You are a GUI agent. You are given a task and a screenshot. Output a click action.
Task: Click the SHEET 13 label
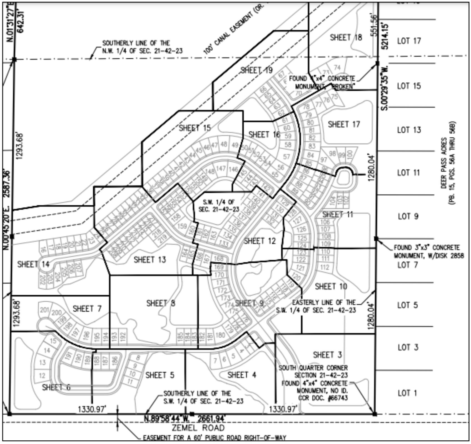pos(149,260)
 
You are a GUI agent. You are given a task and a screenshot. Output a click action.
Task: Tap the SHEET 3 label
pos(327,355)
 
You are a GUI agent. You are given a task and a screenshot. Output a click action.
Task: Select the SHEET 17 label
pos(344,124)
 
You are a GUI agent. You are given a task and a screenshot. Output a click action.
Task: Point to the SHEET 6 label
pos(56,387)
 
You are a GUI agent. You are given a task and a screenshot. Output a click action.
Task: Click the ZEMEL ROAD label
pos(198,428)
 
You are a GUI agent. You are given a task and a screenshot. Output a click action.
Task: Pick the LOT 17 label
pos(409,41)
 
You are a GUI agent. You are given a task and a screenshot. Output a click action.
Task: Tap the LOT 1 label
pos(407,393)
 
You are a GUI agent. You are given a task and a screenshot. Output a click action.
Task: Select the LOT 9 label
pos(408,216)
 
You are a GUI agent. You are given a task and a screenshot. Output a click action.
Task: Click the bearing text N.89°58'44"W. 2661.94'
pos(185,418)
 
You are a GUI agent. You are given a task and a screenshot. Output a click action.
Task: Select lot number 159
pos(182,226)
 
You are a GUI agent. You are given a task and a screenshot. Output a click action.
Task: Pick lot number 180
pos(220,335)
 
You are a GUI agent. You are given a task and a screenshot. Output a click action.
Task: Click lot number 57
pos(286,157)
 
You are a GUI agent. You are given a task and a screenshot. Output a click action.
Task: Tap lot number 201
pos(44,310)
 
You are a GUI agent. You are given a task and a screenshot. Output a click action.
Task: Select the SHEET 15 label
pos(195,128)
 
